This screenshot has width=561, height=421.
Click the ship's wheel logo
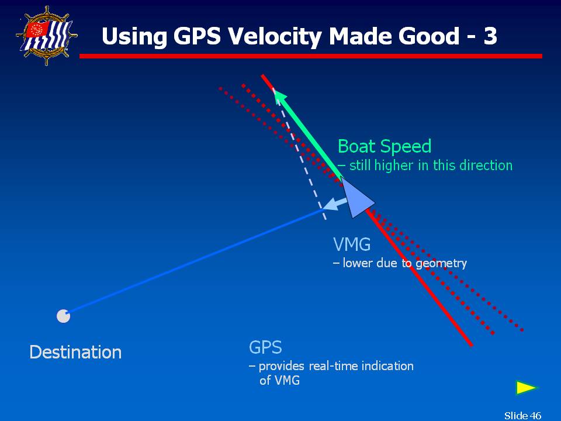pyautogui.click(x=47, y=36)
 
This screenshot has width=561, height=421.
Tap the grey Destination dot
pyautogui.click(x=63, y=316)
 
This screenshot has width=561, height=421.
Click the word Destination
pyautogui.click(x=75, y=352)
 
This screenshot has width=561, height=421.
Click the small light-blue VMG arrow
pyautogui.click(x=334, y=203)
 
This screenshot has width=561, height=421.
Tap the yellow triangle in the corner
pyautogui.click(x=527, y=388)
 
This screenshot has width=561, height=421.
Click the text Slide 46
pyautogui.click(x=522, y=415)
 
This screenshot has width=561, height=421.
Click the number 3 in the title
pyautogui.click(x=490, y=36)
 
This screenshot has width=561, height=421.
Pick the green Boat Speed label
pyautogui.click(x=385, y=146)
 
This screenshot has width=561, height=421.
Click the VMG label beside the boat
pyautogui.click(x=352, y=244)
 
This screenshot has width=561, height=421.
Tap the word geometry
pyautogui.click(x=441, y=264)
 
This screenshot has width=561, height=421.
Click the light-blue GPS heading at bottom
pyautogui.click(x=265, y=347)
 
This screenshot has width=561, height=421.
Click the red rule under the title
pyautogui.click(x=310, y=56)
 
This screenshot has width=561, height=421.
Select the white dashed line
pyautogui.click(x=299, y=154)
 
